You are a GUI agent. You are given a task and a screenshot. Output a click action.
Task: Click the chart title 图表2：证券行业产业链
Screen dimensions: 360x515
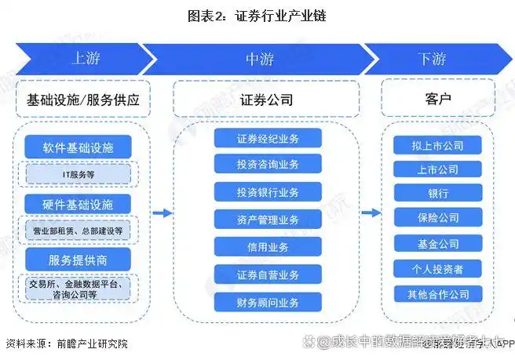(257, 16)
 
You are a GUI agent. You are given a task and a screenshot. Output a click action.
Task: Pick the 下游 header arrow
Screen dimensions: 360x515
(432, 59)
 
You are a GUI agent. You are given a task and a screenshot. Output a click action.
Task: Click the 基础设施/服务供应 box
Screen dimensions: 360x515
(82, 100)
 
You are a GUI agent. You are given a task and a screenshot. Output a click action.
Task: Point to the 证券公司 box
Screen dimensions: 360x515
(267, 100)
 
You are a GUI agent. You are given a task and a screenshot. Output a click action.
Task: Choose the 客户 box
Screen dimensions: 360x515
(438, 100)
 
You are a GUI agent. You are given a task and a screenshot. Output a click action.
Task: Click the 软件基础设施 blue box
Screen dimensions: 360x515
(79, 147)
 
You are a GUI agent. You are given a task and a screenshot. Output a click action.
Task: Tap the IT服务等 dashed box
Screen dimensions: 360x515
(79, 173)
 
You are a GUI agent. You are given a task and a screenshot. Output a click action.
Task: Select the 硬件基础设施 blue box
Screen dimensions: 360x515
(79, 204)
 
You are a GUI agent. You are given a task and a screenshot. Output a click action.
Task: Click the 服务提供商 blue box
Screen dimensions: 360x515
(79, 259)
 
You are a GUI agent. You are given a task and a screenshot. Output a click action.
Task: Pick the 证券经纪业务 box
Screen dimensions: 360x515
(268, 138)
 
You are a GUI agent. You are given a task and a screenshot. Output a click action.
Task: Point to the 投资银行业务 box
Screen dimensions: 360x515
(268, 192)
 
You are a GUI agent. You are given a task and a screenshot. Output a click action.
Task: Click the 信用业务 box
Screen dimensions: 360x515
(268, 247)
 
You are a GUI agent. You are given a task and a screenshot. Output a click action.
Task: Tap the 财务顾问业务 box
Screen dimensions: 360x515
(268, 301)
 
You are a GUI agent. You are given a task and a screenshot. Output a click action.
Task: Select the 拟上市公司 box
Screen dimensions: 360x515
(438, 145)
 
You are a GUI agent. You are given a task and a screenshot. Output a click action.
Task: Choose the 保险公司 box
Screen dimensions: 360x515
(438, 217)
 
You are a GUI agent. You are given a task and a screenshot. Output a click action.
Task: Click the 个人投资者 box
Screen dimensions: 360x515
(438, 269)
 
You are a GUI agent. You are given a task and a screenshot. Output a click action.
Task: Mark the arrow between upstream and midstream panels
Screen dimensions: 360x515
(162, 213)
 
